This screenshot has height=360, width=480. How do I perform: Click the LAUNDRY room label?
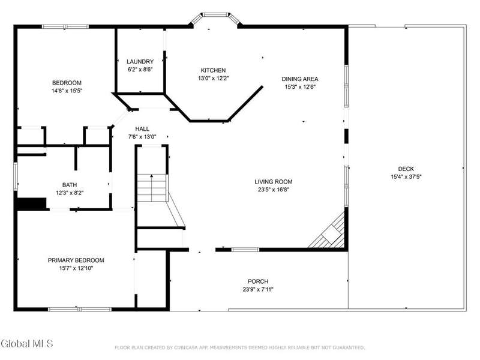(x=140, y=62)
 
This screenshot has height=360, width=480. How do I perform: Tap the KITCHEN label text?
(x=214, y=70)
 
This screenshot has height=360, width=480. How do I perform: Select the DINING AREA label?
(x=300, y=79)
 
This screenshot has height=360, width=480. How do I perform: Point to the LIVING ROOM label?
(x=274, y=182)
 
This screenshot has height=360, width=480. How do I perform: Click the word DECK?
(x=406, y=169)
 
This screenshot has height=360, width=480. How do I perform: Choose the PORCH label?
(x=258, y=281)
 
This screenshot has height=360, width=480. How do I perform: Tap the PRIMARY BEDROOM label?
(x=76, y=260)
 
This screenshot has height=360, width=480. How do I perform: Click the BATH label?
(x=70, y=185)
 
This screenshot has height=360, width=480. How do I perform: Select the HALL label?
(x=142, y=129)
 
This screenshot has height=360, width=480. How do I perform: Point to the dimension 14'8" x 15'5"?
(x=67, y=91)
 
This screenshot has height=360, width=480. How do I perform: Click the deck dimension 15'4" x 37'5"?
(x=406, y=176)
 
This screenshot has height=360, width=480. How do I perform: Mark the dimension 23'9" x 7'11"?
(x=258, y=289)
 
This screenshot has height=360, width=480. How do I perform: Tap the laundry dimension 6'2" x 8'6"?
(x=140, y=70)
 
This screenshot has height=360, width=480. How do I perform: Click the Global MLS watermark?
(x=26, y=343)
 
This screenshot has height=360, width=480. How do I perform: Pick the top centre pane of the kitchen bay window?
(x=216, y=14)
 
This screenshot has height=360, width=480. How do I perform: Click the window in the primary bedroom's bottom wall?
(x=80, y=310)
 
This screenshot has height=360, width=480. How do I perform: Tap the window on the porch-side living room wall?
(x=245, y=250)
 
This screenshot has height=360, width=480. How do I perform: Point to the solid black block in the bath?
(x=31, y=204)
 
